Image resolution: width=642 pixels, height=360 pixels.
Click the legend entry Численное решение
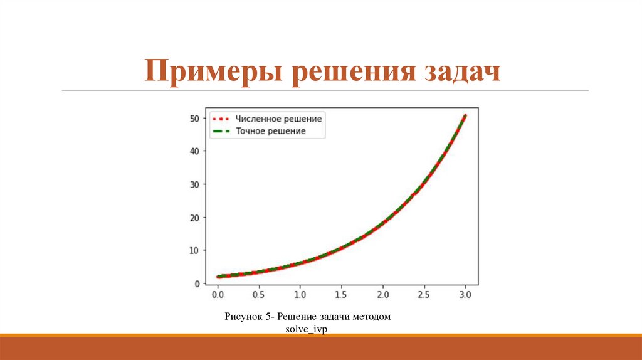tap(278, 119)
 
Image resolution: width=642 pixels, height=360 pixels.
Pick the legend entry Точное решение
tap(270, 131)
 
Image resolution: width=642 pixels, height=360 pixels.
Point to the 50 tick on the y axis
tap(194, 118)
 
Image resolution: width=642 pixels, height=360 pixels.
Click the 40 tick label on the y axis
tap(194, 151)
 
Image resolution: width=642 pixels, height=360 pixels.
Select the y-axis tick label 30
tap(194, 184)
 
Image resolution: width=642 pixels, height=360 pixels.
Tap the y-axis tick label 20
tap(194, 218)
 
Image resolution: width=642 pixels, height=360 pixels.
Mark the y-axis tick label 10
tap(194, 251)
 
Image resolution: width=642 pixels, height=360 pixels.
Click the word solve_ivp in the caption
tap(307, 329)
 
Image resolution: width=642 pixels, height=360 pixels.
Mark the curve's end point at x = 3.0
tap(465, 115)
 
